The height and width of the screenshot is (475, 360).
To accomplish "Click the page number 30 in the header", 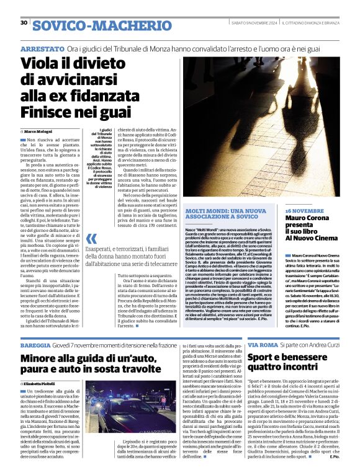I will [24, 22].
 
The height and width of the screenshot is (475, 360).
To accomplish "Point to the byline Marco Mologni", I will [43, 132].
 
